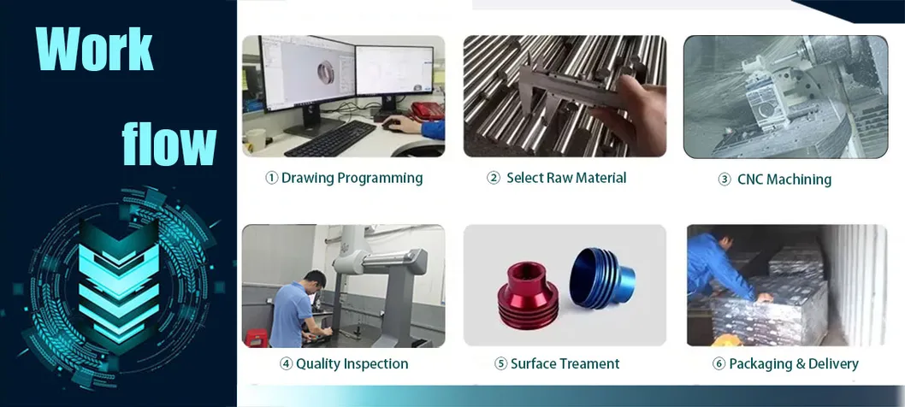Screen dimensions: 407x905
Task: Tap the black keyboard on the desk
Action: pos(329,138)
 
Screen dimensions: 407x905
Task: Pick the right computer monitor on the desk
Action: pos(394,74)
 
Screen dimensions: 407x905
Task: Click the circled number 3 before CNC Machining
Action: pos(724,180)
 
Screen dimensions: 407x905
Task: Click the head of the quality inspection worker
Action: pos(314,280)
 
